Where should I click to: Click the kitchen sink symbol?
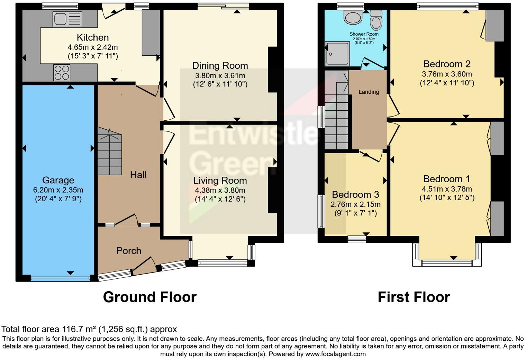tap(67, 19)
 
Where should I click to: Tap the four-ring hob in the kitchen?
tap(62, 73)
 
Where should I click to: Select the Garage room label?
tap(58, 180)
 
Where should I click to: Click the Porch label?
tap(128, 251)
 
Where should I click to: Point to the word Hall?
tap(138, 175)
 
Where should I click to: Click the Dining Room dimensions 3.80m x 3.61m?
tap(220, 75)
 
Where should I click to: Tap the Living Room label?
tap(220, 181)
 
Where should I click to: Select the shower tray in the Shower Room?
tap(337, 54)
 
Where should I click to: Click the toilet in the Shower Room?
tap(375, 20)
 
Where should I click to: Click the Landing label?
tap(369, 92)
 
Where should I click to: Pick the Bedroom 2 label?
tap(447, 64)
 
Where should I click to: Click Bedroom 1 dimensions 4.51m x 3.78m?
tap(447, 189)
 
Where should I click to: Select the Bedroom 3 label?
tap(355, 194)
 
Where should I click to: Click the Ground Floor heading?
tap(149, 297)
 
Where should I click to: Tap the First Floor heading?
tap(414, 297)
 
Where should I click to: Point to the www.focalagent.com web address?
tap(335, 354)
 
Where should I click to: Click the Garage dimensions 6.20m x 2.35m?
tap(58, 190)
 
